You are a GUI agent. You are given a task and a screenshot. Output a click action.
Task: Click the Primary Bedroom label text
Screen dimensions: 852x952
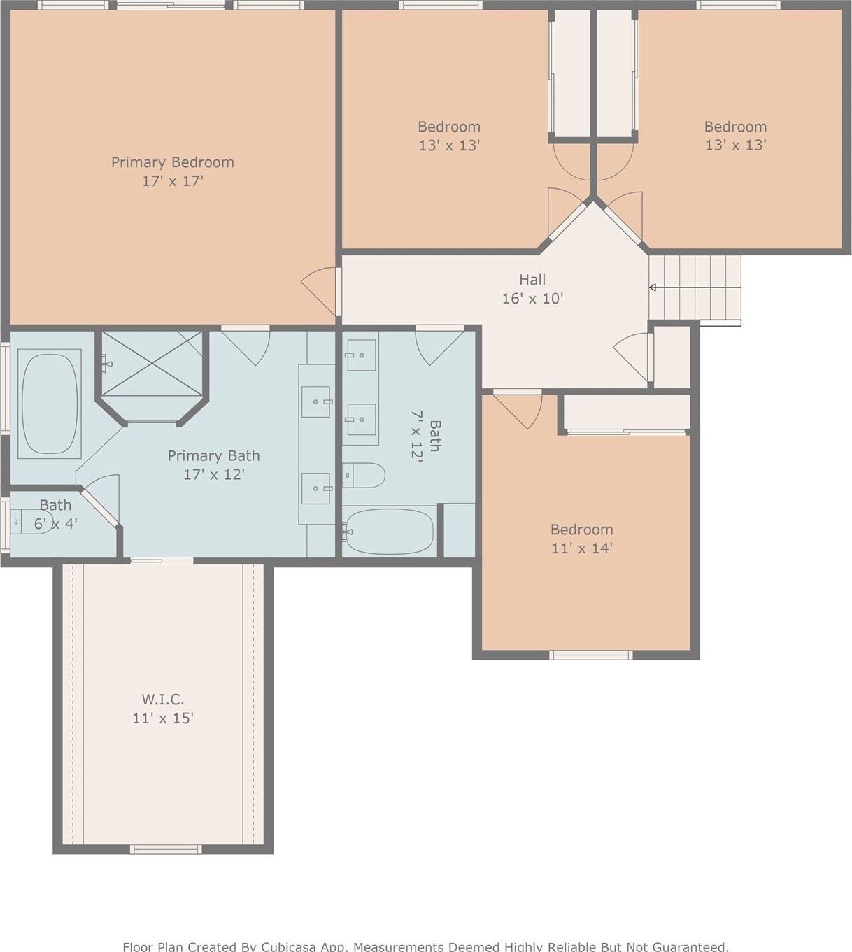[x=173, y=162]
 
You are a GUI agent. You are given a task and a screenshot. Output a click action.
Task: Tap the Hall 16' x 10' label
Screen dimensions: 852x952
[x=532, y=289]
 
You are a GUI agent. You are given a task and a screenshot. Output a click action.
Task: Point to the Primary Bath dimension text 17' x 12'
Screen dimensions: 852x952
[x=214, y=474]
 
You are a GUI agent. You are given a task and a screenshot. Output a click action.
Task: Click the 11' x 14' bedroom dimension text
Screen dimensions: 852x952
[x=582, y=548]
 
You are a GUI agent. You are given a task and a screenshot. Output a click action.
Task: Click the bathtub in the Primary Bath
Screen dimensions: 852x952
[x=50, y=404]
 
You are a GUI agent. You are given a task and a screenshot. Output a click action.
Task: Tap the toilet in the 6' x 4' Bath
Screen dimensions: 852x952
[x=31, y=522]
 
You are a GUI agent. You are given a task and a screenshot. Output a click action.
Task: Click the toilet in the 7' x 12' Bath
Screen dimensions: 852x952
[x=363, y=475]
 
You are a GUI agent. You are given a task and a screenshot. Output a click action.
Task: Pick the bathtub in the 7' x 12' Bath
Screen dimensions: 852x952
[x=388, y=532]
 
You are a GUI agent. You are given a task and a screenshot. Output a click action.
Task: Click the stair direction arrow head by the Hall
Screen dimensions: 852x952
[x=652, y=287]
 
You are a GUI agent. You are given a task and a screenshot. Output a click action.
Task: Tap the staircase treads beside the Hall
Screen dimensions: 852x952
[x=695, y=287]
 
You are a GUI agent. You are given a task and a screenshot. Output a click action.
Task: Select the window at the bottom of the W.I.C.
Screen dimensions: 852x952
[x=165, y=850]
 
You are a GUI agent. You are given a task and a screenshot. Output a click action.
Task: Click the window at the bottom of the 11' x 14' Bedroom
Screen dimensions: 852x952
[x=590, y=655]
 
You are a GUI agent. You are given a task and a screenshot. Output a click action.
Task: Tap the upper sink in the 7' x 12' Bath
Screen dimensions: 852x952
[x=362, y=355]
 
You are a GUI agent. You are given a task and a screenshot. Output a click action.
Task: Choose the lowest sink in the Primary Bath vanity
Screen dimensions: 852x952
[x=315, y=489]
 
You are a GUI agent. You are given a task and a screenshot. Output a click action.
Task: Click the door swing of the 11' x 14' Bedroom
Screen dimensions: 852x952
[x=518, y=410]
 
